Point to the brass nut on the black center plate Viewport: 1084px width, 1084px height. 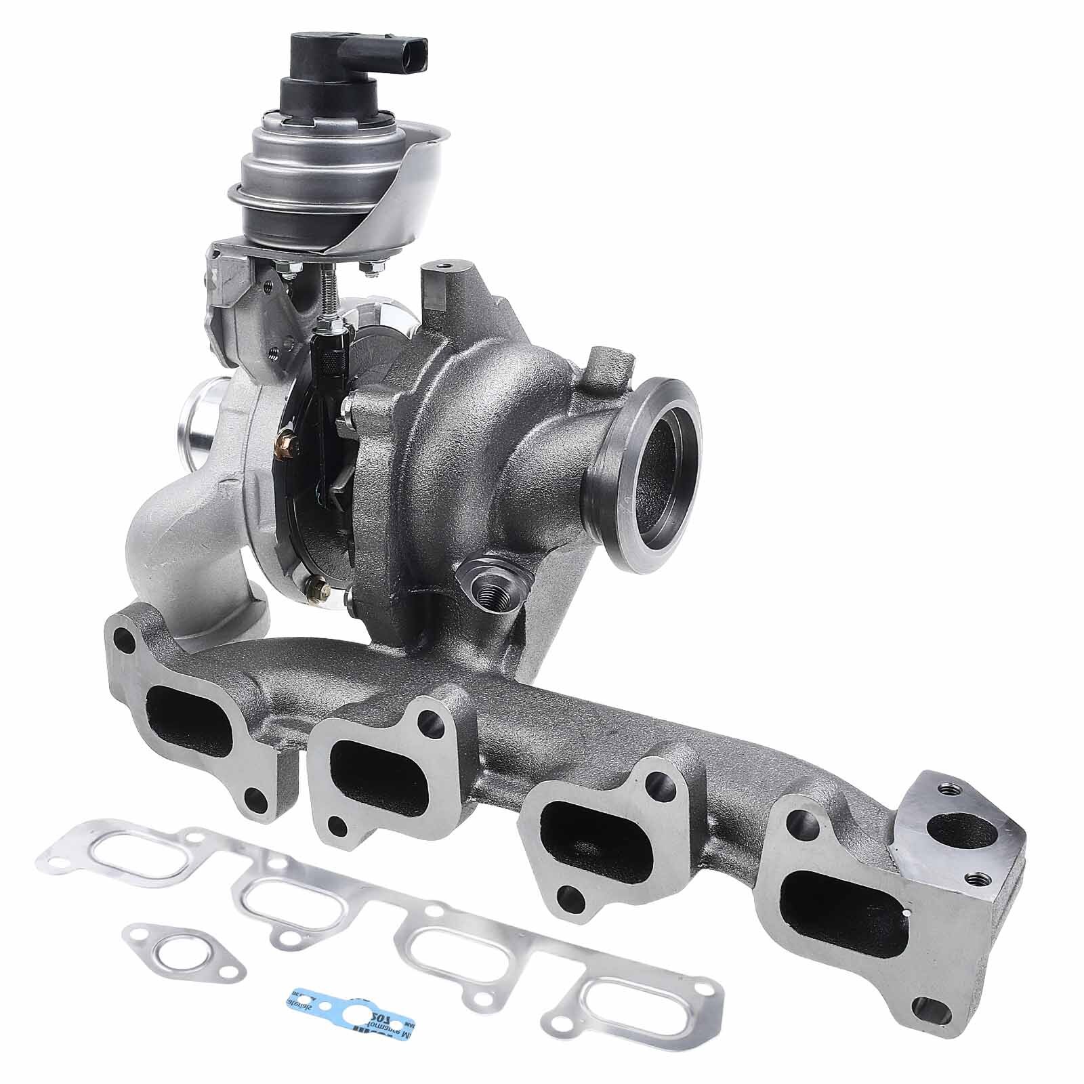click(x=285, y=446)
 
